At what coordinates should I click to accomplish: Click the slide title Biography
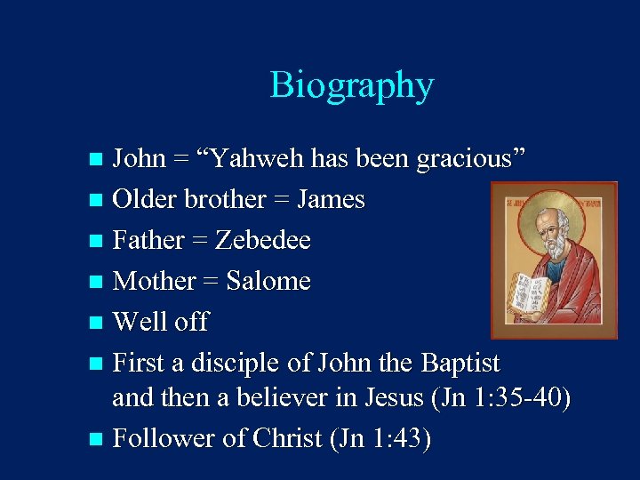352,85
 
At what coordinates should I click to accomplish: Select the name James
331,200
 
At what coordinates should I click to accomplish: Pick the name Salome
268,282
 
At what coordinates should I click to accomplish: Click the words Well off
161,322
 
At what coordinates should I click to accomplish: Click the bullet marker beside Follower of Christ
97,439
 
